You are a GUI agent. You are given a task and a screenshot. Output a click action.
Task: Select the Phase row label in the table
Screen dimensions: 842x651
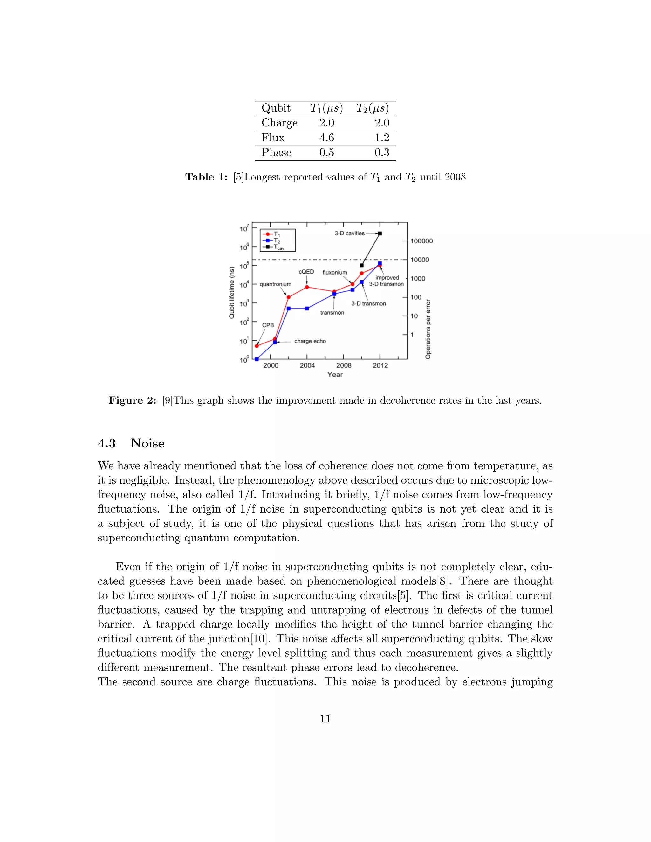pos(276,152)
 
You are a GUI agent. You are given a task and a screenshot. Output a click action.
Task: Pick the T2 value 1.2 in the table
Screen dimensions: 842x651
pos(382,138)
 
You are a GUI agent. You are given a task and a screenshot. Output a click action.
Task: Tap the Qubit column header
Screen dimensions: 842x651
pos(276,108)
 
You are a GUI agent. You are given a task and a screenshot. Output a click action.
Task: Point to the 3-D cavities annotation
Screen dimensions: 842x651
pos(349,233)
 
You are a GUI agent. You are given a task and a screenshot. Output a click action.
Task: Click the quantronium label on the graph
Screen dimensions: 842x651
pos(275,284)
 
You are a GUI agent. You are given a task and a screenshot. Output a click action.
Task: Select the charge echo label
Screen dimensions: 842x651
pos(310,341)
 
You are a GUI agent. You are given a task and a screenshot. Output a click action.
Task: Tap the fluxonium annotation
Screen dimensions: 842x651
pos(334,272)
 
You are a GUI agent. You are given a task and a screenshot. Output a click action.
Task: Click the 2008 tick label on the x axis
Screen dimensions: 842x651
pos(344,365)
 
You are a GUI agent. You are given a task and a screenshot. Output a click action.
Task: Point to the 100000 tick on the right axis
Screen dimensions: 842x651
pos(421,241)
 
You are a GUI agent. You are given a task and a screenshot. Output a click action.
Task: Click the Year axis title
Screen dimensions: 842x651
pos(335,374)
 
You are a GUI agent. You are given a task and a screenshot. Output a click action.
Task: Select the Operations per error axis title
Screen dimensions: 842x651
pos(428,329)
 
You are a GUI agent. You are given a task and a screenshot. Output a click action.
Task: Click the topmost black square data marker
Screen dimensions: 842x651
pos(380,233)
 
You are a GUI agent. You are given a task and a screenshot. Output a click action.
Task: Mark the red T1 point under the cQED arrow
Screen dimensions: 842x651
pos(307,287)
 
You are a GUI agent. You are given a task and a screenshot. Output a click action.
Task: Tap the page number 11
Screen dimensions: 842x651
pos(325,718)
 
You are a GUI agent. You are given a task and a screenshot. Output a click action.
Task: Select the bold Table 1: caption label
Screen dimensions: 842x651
pos(206,177)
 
